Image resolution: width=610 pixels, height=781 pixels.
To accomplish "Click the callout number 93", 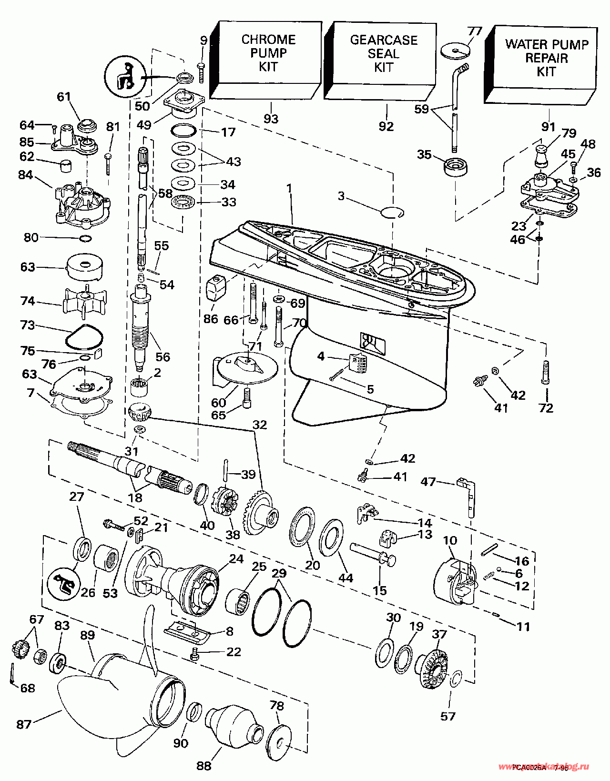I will point(271,118).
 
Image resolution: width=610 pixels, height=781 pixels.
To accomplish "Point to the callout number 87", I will point(24,724).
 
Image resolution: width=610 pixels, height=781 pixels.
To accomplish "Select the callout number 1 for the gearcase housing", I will point(289,189).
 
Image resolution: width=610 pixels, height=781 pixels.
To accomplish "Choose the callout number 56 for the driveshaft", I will point(163,356).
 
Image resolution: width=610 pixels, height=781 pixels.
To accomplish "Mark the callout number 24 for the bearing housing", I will point(236,558).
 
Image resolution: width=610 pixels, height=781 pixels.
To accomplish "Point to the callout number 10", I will point(450,540).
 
